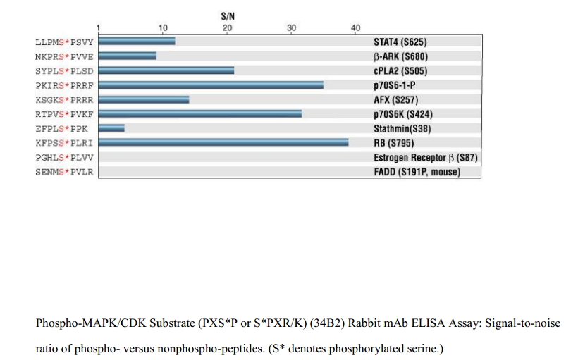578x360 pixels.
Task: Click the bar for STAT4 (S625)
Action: [137, 42]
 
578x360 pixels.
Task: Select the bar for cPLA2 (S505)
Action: [166, 70]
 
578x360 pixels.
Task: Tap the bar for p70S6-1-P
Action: [211, 85]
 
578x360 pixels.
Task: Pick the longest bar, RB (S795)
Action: [223, 142]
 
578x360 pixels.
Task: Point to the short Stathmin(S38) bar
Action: [111, 128]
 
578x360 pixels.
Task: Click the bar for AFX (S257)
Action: [144, 99]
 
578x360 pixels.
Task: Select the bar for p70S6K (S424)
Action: [200, 113]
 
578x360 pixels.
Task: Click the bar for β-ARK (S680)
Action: [128, 56]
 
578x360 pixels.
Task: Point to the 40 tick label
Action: [356, 27]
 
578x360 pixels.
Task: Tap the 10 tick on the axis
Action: [163, 27]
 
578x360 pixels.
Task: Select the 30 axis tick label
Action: [292, 27]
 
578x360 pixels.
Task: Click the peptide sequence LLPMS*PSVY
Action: [64, 42]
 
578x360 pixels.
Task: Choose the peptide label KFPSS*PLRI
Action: [64, 142]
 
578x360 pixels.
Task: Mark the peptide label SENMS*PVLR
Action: [64, 171]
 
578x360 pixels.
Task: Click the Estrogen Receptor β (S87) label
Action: [425, 157]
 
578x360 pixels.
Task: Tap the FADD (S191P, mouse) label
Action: [417, 171]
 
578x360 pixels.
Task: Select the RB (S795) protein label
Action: [398, 142]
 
